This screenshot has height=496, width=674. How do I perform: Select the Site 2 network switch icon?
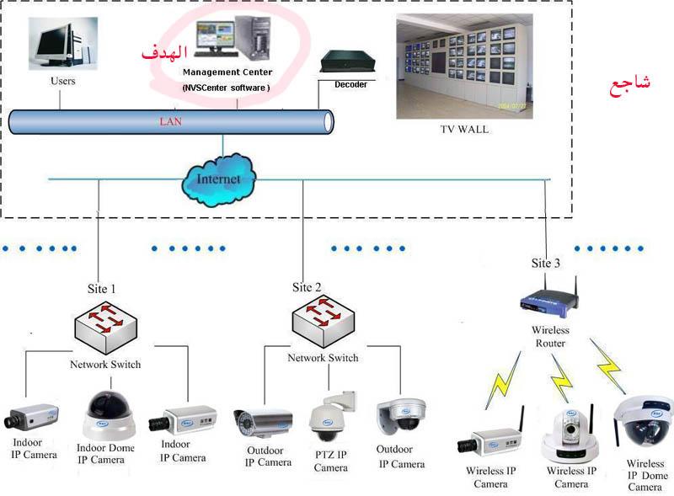pos(323,321)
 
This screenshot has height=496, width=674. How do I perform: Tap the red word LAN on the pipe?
pos(171,121)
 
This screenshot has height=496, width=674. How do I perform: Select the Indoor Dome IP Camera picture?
pos(109,414)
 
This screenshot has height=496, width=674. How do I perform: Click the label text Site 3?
pos(545,264)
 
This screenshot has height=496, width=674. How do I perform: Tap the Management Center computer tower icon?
pos(254,43)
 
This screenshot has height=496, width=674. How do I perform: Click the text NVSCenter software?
pos(226,88)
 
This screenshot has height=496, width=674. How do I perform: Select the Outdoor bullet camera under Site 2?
pos(261,422)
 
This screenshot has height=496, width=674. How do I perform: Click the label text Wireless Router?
pos(550,337)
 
